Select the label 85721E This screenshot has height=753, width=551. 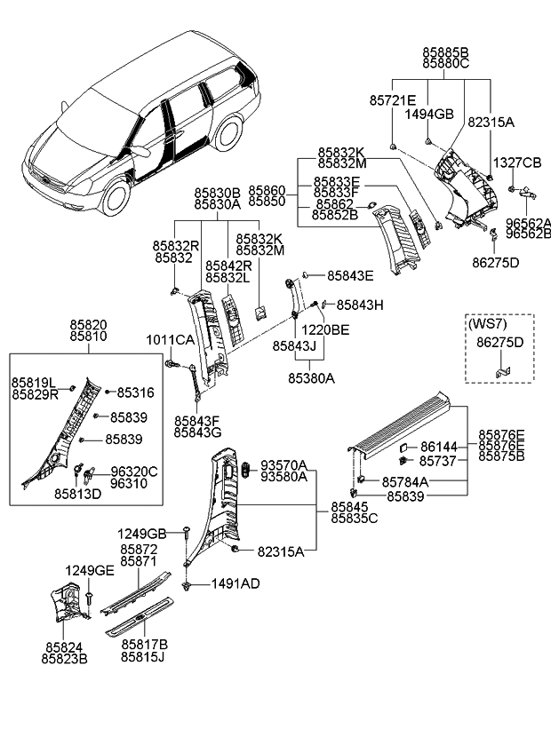tap(391, 100)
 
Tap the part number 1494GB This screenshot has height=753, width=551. tap(429, 114)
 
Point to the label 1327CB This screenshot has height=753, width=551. tap(517, 162)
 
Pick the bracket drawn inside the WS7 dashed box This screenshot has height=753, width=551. tap(504, 364)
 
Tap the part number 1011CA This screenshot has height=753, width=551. tap(171, 340)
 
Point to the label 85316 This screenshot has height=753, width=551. tap(135, 392)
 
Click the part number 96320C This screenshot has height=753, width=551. tap(133, 472)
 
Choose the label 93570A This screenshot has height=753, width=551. tap(283, 464)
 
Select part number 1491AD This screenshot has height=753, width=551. tap(235, 583)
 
